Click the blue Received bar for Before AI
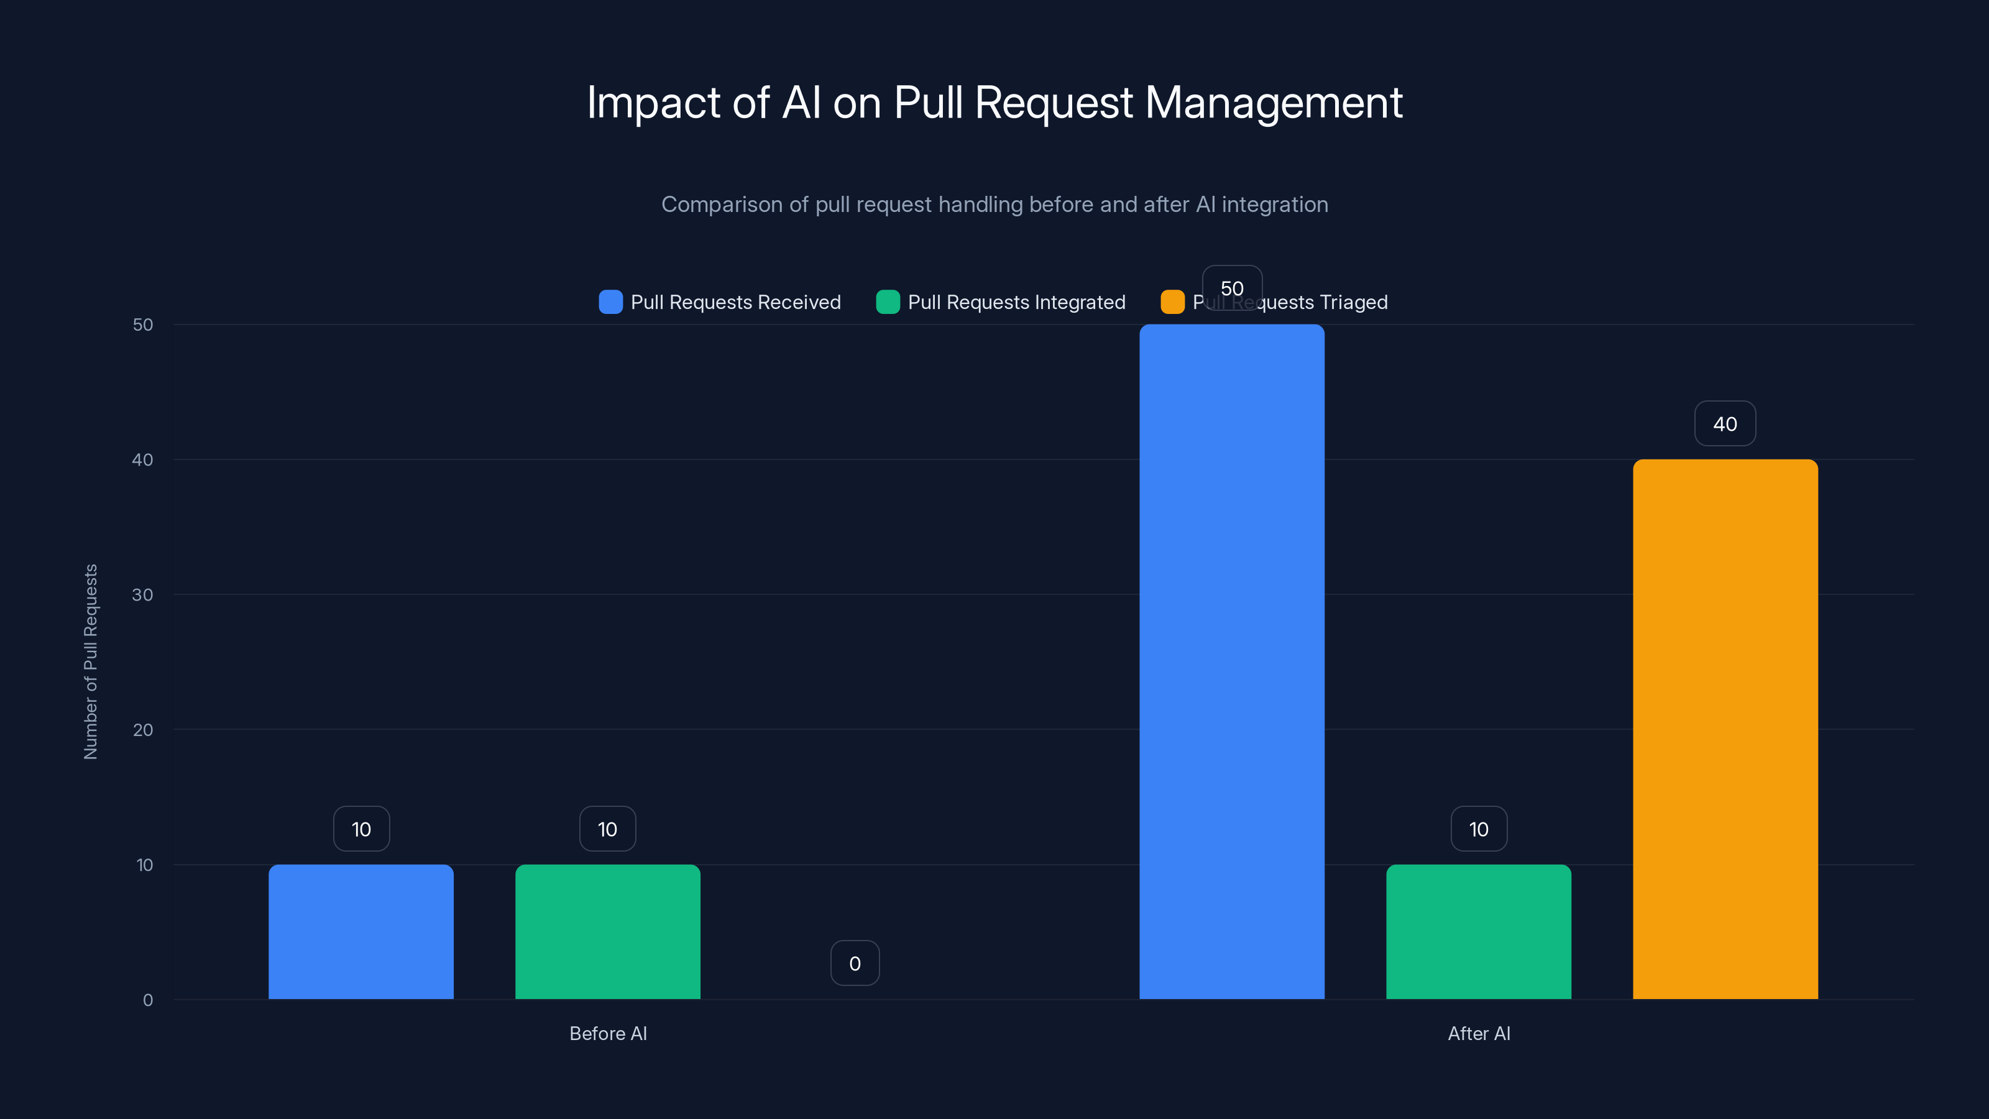pyautogui.click(x=361, y=931)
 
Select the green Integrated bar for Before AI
pyautogui.click(x=608, y=931)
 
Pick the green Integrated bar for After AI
pyautogui.click(x=1478, y=931)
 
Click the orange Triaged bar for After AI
pyautogui.click(x=1725, y=729)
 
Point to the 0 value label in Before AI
pyautogui.click(x=855, y=963)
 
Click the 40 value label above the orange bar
pyautogui.click(x=1725, y=423)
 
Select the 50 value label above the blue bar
pyautogui.click(x=1231, y=287)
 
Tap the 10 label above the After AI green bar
pyautogui.click(x=1478, y=829)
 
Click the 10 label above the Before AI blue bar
pyautogui.click(x=361, y=829)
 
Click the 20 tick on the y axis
pyautogui.click(x=143, y=730)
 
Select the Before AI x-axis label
pyautogui.click(x=608, y=1033)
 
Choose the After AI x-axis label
pyautogui.click(x=1478, y=1033)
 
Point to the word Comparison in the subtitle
pyautogui.click(x=721, y=205)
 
